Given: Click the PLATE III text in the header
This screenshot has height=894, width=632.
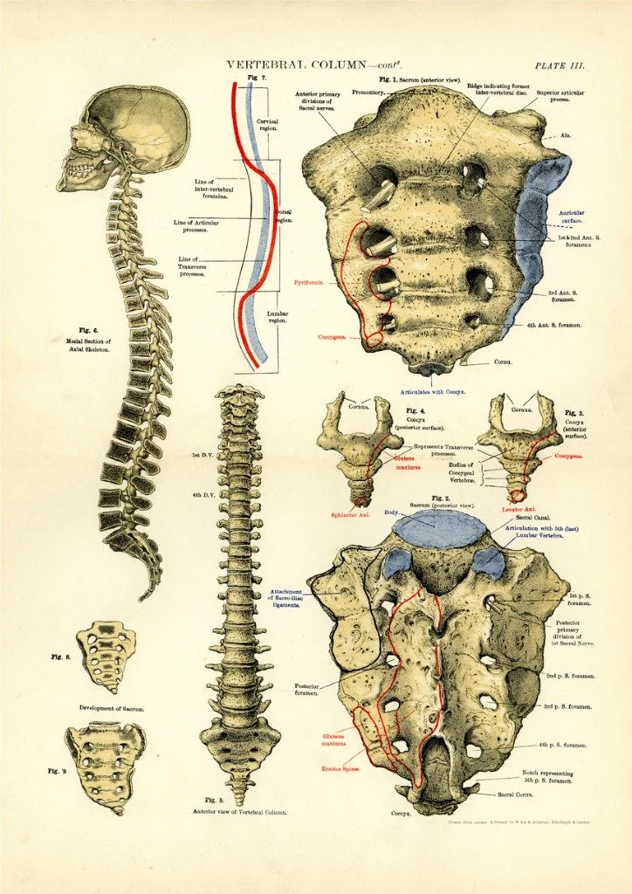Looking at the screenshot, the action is coord(560,65).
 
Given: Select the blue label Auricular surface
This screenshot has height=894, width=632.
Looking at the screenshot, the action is coord(547,217).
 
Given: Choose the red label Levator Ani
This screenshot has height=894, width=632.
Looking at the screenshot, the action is coord(518,509).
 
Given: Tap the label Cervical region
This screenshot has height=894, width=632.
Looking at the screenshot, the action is coord(269,127).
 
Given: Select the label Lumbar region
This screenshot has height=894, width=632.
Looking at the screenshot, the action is coord(278,316).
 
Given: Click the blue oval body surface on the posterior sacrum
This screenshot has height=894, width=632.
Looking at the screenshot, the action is coord(439,529).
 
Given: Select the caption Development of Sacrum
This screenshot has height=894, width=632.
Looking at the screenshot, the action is coord(112,708).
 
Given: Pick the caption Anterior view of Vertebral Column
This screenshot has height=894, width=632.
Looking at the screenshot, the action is coord(239,812).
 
